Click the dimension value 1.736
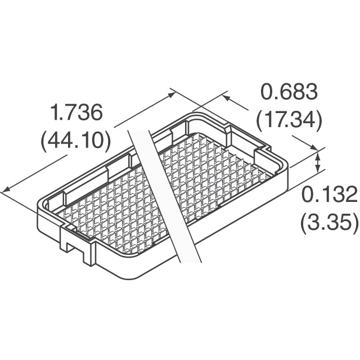76,112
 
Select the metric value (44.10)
75,141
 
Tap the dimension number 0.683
290,92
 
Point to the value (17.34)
289,120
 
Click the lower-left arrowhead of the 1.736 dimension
6,190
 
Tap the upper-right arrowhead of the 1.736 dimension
171,94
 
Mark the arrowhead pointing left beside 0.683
227,97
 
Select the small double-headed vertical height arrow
318,163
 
